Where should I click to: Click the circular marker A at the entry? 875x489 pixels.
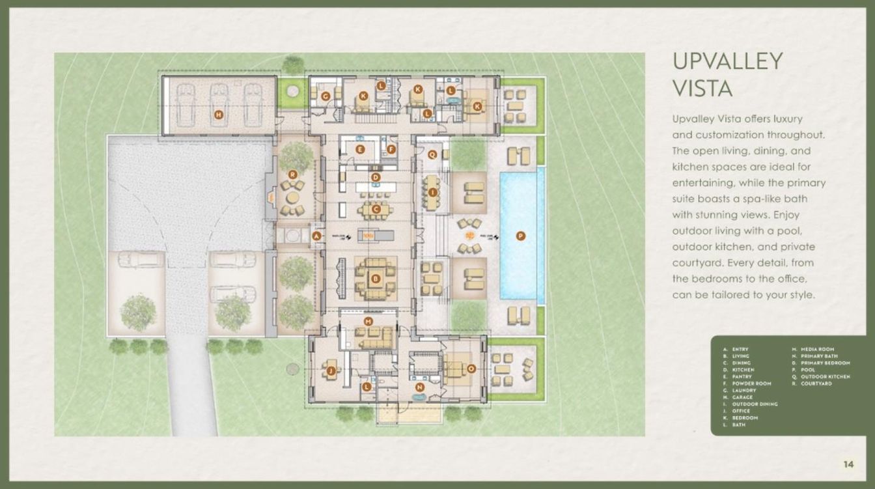click(x=317, y=236)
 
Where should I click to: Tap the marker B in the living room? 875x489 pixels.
click(x=375, y=279)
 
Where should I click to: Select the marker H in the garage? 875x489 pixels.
click(x=219, y=115)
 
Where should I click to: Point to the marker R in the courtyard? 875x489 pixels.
click(x=293, y=174)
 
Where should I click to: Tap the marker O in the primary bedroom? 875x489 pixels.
click(x=471, y=369)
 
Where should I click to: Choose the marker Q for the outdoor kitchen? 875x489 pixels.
click(x=432, y=154)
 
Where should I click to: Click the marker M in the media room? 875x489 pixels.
click(x=368, y=322)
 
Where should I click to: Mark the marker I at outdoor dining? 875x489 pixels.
click(x=432, y=192)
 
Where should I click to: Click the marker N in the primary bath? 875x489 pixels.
click(x=419, y=387)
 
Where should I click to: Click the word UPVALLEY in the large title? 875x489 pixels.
click(x=727, y=61)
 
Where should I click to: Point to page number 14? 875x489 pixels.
click(x=848, y=464)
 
